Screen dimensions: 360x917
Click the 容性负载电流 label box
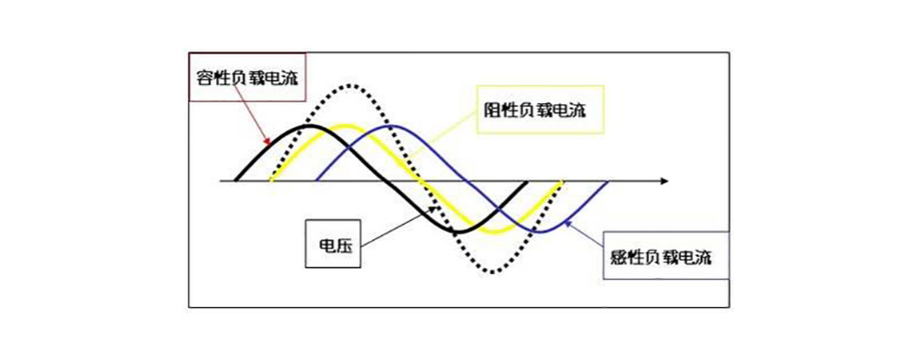[246, 79]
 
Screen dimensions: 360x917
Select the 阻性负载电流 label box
[534, 111]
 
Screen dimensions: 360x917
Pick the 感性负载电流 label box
[666, 254]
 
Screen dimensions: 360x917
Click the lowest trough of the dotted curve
[490, 272]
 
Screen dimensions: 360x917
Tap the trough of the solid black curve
[456, 232]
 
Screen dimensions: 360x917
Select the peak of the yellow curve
[345, 127]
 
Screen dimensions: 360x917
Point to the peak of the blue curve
[387, 126]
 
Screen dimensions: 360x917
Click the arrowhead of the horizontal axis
[665, 180]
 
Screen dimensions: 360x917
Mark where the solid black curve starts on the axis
[236, 180]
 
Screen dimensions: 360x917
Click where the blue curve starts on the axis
[315, 180]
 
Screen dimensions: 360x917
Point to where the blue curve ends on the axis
[609, 180]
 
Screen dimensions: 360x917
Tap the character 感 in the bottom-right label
[613, 255]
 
